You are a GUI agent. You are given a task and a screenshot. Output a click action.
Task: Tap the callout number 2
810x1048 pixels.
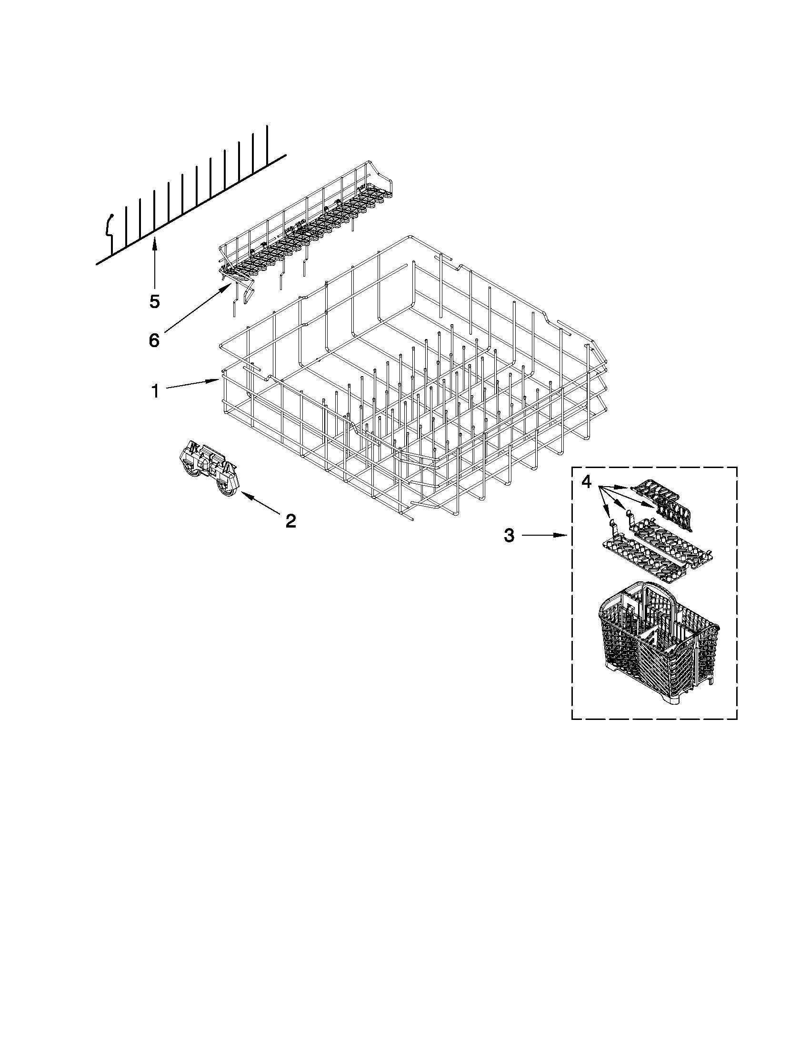click(x=290, y=520)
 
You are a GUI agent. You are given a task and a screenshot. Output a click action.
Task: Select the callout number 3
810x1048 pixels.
click(x=509, y=535)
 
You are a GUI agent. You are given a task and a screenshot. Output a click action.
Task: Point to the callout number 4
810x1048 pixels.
click(x=586, y=481)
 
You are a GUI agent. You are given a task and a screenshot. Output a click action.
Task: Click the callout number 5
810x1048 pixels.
click(x=154, y=301)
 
